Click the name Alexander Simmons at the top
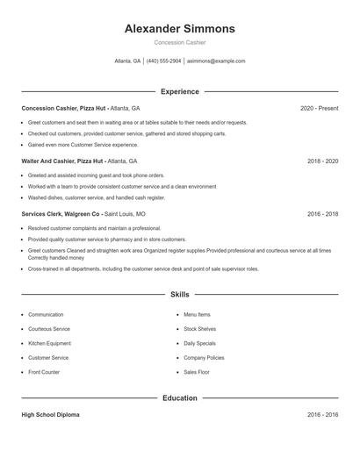179,29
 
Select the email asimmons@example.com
215,61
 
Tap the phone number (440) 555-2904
164,61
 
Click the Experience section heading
179,91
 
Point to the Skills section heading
179,295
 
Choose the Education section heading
179,397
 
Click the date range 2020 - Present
319,108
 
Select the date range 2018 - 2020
323,161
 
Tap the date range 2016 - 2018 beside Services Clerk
323,214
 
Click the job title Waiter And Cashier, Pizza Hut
61,161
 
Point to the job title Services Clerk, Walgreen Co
61,214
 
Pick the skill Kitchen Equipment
50,343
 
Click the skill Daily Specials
199,343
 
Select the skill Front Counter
44,372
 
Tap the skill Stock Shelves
198,329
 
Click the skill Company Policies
204,358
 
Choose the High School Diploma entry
50,414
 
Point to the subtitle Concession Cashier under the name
179,42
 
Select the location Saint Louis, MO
126,214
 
